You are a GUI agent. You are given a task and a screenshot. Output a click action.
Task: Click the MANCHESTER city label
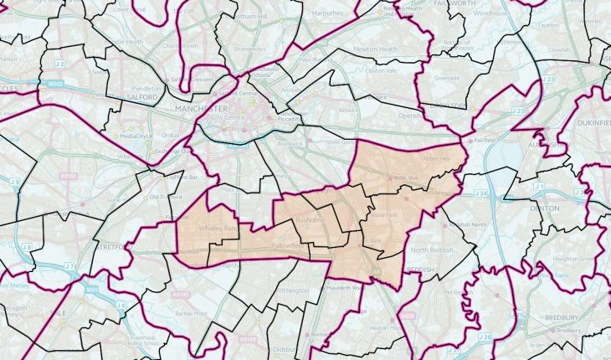coord(202,109)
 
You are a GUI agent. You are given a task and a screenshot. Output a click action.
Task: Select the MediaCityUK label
coord(140,136)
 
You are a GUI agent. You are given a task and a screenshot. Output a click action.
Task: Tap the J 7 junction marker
coord(69,267)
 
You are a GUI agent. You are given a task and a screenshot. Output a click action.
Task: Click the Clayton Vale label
coord(377,71)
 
